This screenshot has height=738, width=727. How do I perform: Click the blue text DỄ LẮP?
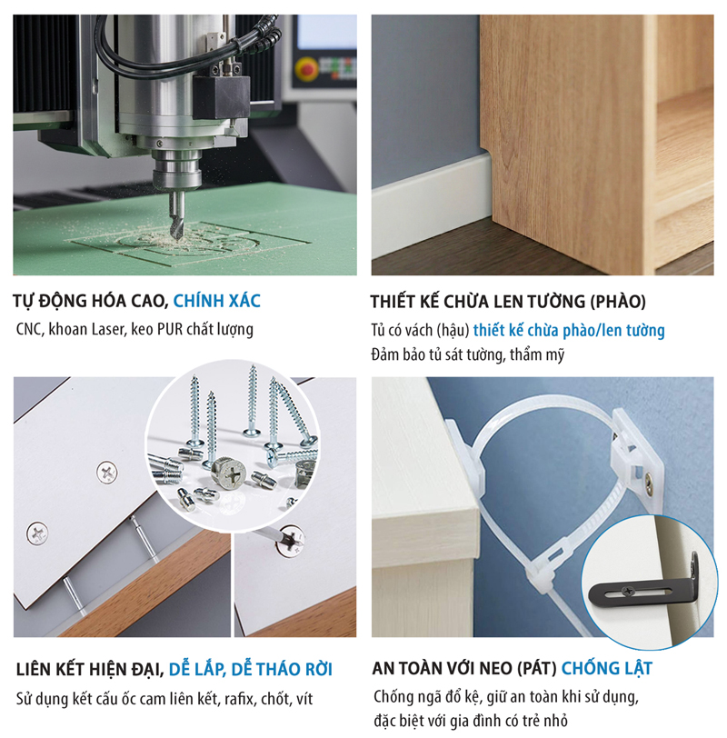[x=197, y=670]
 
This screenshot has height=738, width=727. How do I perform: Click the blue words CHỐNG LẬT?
[x=606, y=670]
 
